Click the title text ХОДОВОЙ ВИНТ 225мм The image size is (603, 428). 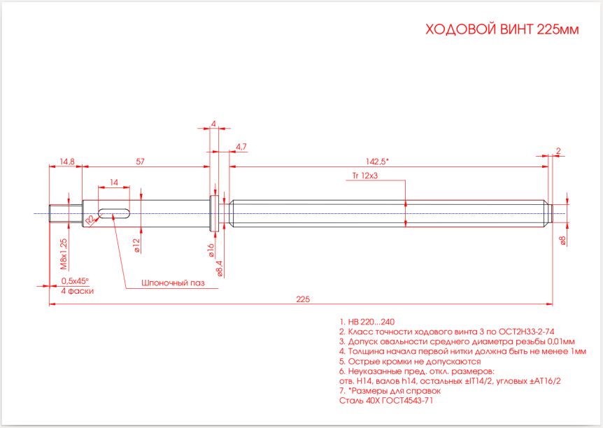click(x=502, y=29)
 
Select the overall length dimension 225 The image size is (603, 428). click(x=303, y=299)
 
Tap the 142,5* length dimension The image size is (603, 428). click(x=377, y=162)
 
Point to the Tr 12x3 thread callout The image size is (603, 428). click(x=365, y=176)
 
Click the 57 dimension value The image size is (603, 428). click(x=141, y=162)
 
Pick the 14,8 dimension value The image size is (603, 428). click(x=67, y=162)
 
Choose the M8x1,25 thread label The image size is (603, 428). click(x=64, y=254)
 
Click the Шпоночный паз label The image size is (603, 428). click(x=173, y=283)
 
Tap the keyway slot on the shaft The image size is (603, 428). click(x=114, y=213)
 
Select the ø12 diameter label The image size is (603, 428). click(x=136, y=245)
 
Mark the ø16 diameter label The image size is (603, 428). click(x=211, y=250)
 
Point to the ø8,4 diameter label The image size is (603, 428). click(x=220, y=269)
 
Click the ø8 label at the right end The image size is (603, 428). click(x=563, y=241)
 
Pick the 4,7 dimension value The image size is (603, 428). click(x=241, y=146)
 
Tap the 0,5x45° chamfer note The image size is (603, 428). click(x=75, y=280)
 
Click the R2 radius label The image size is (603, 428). click(x=90, y=220)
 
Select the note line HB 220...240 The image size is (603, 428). click(x=367, y=322)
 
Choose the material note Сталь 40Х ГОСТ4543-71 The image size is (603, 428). click(x=386, y=401)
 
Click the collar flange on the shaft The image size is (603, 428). click(x=214, y=213)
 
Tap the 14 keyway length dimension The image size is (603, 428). click(x=114, y=183)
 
